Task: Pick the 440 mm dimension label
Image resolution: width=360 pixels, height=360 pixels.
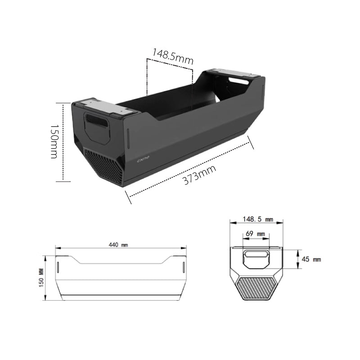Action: point(118,245)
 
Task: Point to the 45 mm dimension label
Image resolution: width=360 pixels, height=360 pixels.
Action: point(311,260)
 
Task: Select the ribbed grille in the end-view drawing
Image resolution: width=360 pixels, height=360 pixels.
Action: point(256,288)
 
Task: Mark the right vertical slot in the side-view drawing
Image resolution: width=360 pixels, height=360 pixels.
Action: point(183,266)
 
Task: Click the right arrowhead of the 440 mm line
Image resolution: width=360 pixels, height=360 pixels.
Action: point(184,248)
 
